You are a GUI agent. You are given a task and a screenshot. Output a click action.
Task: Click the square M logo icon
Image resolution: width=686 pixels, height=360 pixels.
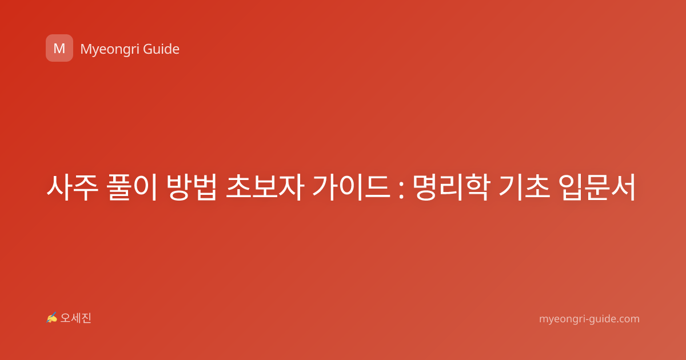tap(59, 48)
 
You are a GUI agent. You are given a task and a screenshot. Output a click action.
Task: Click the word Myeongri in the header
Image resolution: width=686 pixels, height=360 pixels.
tap(109, 50)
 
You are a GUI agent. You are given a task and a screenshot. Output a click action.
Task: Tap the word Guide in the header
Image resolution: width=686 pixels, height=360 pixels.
tap(161, 49)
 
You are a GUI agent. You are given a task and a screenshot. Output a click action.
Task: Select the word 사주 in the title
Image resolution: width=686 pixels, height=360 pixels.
tap(72, 187)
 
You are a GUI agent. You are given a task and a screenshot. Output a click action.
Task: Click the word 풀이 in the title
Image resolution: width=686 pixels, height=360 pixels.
tap(132, 187)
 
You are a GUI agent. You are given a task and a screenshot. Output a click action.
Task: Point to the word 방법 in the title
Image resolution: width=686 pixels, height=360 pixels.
tap(192, 187)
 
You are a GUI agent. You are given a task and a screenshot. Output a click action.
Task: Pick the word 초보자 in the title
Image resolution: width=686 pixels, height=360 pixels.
tap(265, 187)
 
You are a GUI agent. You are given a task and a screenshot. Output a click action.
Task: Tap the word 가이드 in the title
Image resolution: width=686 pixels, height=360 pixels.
tap(352, 187)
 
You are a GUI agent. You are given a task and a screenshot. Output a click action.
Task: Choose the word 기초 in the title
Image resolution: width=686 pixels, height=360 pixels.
tap(524, 187)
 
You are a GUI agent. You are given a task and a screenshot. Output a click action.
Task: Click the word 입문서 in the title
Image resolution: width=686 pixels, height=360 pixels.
tap(597, 187)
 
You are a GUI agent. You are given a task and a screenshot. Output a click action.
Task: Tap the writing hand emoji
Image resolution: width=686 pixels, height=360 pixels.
tap(51, 318)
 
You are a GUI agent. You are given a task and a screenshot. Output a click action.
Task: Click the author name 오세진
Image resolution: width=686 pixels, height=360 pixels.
tap(75, 318)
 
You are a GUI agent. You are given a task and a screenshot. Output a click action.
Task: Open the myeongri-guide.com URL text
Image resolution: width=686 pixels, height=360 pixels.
tap(589, 319)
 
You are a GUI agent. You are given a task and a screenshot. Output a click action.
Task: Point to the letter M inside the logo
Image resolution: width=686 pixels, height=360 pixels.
tap(59, 49)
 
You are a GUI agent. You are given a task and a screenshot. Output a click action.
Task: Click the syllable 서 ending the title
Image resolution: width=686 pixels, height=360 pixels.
tap(623, 187)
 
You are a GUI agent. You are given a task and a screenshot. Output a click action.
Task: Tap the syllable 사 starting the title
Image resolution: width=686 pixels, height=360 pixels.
tap(59, 187)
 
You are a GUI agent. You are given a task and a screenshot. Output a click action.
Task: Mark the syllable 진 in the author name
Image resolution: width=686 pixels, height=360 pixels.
tap(86, 318)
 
